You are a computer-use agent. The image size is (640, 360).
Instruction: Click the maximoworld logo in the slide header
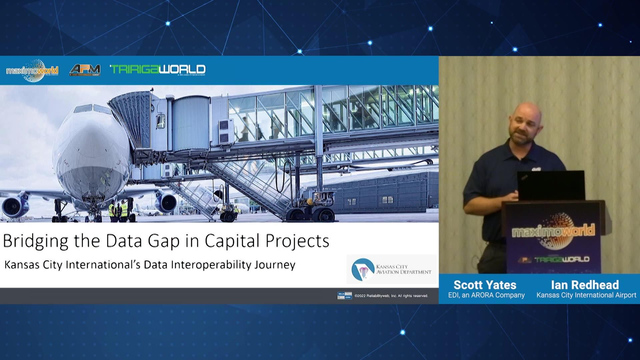32,70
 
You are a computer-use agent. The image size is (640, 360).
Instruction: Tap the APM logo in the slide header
85,70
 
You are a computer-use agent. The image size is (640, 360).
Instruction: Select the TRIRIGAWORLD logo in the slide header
158,69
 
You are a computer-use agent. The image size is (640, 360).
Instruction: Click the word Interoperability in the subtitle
211,265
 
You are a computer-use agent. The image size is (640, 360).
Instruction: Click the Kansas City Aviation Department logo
391,269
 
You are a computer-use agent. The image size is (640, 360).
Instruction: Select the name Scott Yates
485,285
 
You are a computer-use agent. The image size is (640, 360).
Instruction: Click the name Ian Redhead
585,285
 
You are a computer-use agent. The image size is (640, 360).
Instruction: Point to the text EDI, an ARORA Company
486,295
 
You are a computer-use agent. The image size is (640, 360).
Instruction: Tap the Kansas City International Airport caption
586,295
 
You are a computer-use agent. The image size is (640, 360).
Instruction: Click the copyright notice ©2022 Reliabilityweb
391,296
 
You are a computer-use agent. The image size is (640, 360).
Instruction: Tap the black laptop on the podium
551,185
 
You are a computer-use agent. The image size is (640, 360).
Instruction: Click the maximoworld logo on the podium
553,231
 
